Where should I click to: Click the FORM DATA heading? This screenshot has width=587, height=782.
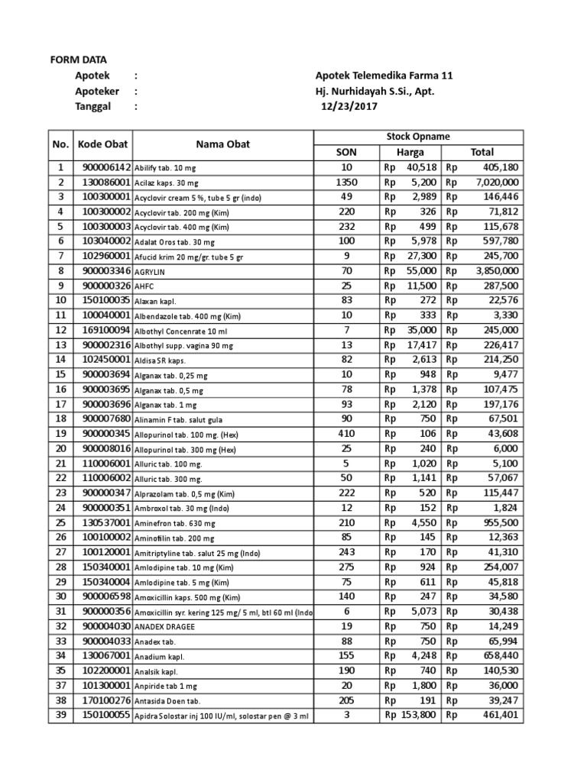[x=79, y=60]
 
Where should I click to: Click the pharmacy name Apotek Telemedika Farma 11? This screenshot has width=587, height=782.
[x=384, y=76]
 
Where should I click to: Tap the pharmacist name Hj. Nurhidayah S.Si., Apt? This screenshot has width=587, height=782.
[x=379, y=91]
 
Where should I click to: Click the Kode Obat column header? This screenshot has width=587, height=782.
[x=103, y=144]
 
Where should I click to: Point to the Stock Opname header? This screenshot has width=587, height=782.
[x=418, y=137]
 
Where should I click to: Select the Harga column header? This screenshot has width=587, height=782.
[x=410, y=152]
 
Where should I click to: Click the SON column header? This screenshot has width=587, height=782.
[x=346, y=152]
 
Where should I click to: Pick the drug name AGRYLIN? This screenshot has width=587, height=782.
[x=153, y=271]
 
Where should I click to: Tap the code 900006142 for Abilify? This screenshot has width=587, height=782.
[x=103, y=167]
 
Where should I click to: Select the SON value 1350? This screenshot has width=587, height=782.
[x=346, y=183]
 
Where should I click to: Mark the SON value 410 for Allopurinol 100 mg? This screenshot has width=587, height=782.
[x=346, y=433]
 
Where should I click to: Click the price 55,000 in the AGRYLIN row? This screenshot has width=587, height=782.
[x=421, y=270]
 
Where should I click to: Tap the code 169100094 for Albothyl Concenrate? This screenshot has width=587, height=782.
[x=103, y=330]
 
